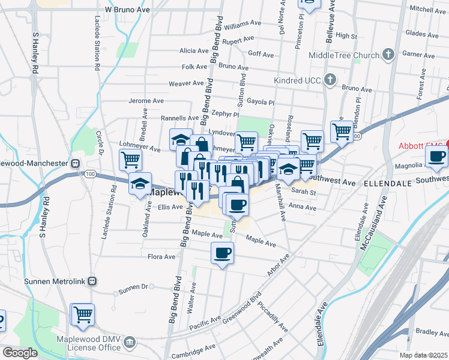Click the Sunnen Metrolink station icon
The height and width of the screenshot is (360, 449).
[x=92, y=281]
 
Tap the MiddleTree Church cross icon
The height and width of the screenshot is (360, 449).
[x=388, y=55]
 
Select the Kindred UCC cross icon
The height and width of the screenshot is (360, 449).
[x=330, y=79]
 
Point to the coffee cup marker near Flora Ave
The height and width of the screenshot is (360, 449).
[x=223, y=253]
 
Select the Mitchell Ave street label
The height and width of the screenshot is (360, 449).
[x=427, y=9]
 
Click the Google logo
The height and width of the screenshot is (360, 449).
[x=19, y=353]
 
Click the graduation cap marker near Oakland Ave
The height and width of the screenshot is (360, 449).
[x=140, y=184]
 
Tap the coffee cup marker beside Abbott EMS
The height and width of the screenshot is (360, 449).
[x=436, y=157]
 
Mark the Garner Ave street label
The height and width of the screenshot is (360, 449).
[x=418, y=54]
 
